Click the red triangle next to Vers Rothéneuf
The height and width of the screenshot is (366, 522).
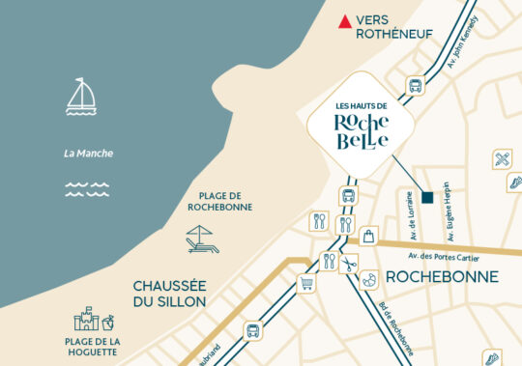[x=344, y=21]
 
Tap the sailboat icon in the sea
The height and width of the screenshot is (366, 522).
[x=81, y=97]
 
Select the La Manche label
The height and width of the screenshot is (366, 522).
[x=88, y=153]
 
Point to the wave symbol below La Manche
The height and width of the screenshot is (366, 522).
[x=85, y=190]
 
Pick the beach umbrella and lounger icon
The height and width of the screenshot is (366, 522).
[x=201, y=239]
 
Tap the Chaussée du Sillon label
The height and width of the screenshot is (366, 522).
[x=169, y=294]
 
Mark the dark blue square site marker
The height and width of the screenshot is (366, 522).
[x=427, y=196]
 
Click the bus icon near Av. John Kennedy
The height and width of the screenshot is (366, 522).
[x=416, y=85]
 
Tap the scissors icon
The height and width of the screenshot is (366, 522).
[x=349, y=261]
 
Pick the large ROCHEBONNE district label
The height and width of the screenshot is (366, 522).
[x=442, y=277]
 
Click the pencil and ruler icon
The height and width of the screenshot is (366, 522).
[x=502, y=158]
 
